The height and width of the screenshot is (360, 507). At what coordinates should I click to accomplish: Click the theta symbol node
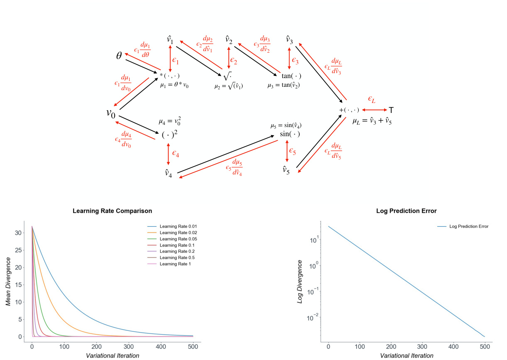[119, 56]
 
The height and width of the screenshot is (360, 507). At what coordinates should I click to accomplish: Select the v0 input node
[110, 113]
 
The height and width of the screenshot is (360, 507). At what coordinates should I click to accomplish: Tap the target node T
[391, 110]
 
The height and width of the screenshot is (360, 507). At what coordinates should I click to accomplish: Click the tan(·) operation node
[291, 76]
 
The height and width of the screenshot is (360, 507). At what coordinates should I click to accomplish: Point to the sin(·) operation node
[289, 134]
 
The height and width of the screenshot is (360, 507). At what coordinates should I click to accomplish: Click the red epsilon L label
[372, 99]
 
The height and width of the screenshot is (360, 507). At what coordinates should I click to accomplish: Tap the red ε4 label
[176, 154]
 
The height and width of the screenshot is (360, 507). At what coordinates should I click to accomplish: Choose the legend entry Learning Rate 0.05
[178, 239]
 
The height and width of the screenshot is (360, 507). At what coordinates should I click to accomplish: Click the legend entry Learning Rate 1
[175, 264]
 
